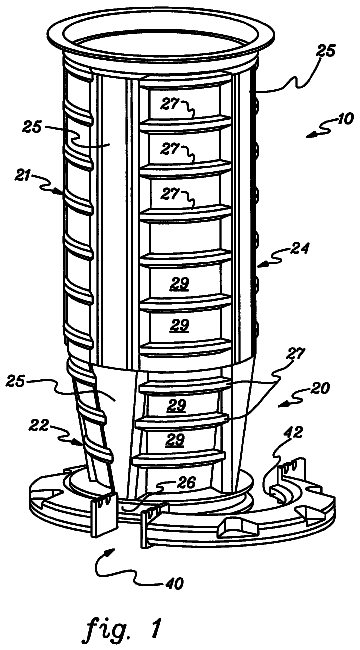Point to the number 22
coord(39,425)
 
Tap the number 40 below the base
coord(174,584)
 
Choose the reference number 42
coord(294,432)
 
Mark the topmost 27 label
coord(170,104)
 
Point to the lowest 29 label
coord(174,441)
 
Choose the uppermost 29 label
coord(179,284)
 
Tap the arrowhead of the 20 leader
coord(282,404)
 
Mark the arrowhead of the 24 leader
coord(258,264)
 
